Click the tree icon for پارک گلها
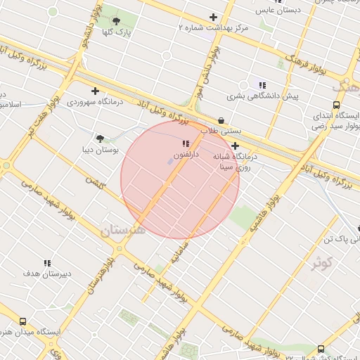tap(116, 21)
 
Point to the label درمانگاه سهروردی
tap(95, 102)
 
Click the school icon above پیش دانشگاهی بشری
tap(262, 84)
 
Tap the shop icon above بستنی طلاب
tap(222, 120)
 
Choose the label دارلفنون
tap(186, 153)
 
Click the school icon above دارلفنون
tap(186, 143)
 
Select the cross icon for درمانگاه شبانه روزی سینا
tap(235, 146)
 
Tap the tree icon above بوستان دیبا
tap(101, 139)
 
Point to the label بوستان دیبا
tap(101, 150)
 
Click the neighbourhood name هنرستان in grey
tap(122, 230)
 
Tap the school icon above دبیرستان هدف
tap(47, 263)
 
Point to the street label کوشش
tap(94, 181)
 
